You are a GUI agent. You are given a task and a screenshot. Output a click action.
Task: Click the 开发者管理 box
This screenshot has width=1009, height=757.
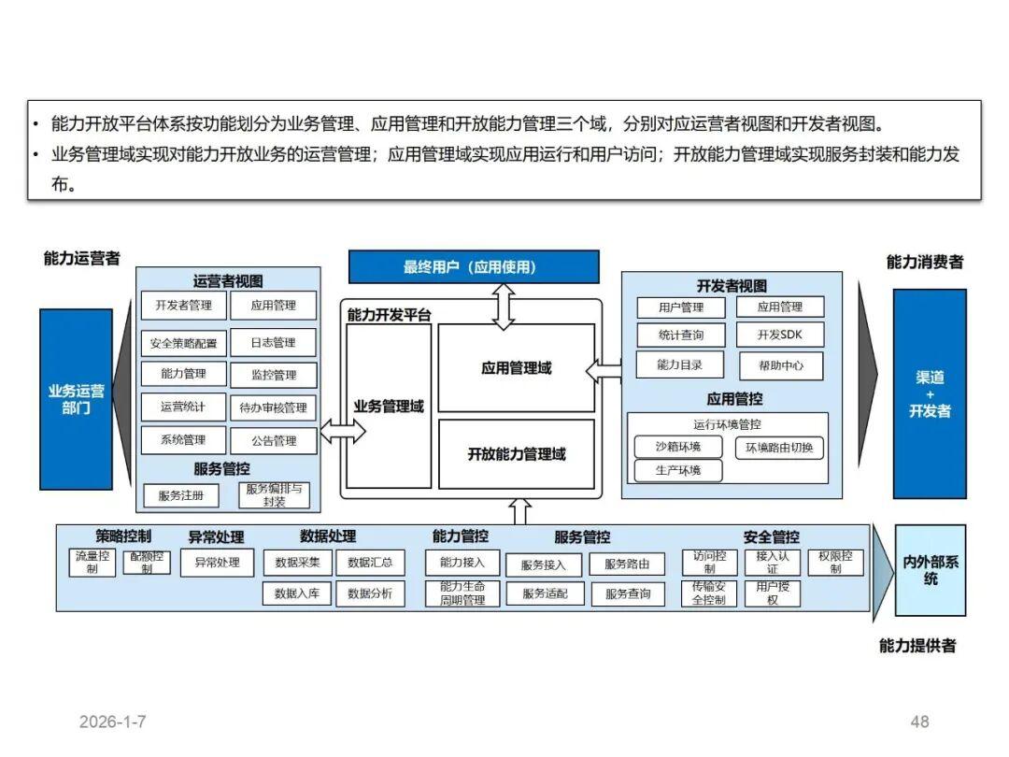[183, 306]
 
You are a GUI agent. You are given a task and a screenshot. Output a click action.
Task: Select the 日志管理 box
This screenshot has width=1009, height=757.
[272, 343]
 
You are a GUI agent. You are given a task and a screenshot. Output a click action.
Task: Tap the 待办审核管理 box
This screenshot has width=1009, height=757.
[273, 407]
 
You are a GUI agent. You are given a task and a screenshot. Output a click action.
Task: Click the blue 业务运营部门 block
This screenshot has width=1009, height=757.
[76, 399]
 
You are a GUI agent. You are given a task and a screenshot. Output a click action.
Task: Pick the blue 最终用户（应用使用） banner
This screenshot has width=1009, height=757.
[474, 266]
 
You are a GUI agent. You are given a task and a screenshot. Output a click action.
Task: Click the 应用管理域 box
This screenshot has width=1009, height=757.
[516, 368]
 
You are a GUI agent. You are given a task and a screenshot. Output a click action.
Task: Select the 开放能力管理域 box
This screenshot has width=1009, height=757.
[516, 454]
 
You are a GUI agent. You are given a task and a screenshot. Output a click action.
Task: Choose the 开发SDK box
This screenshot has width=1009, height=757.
[780, 335]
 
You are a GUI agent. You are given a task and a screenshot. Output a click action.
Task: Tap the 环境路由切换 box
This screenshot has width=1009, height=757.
[779, 448]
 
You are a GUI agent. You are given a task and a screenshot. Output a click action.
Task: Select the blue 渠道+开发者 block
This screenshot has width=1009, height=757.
[929, 393]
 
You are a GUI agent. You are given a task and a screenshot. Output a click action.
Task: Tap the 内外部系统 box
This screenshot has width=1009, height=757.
[930, 570]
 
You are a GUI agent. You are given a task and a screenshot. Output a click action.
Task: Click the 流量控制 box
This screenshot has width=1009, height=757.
[92, 562]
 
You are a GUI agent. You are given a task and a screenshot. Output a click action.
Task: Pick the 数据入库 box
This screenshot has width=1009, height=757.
[297, 593]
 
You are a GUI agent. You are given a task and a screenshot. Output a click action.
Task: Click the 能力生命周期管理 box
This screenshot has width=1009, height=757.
[462, 593]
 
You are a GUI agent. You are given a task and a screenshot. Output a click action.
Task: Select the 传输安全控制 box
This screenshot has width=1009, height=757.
[709, 593]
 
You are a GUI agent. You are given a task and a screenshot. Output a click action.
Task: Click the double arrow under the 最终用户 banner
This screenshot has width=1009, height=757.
[504, 307]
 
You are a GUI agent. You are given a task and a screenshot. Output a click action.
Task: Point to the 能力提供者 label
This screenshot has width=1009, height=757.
[917, 646]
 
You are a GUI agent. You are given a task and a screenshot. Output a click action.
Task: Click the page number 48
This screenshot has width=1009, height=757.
[919, 721]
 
